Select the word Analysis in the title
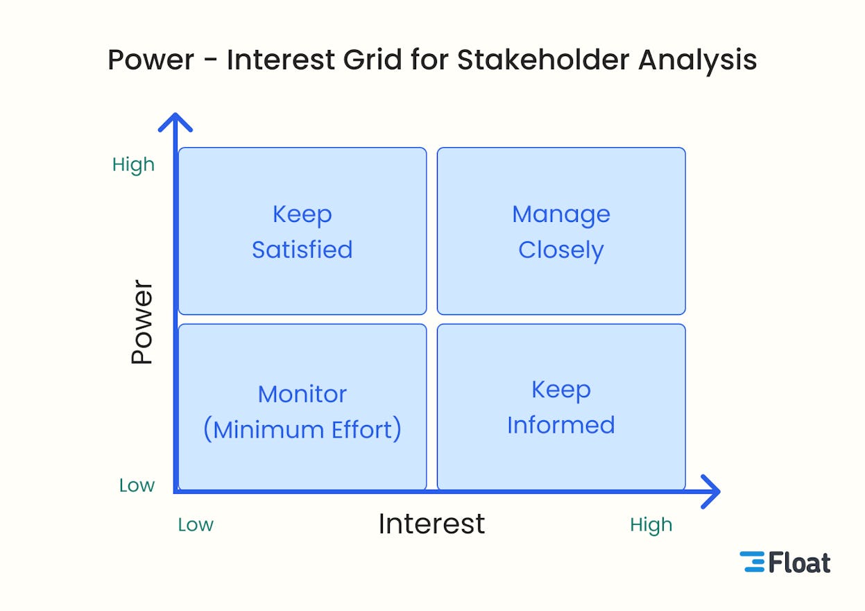pyautogui.click(x=697, y=60)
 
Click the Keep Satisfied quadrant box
pyautogui.click(x=302, y=231)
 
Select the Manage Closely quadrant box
pyautogui.click(x=561, y=231)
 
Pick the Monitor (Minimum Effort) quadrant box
pyautogui.click(x=302, y=407)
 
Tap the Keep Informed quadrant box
pyautogui.click(x=561, y=407)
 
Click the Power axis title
pyautogui.click(x=142, y=322)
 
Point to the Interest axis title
pyautogui.click(x=431, y=524)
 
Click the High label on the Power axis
pyautogui.click(x=133, y=165)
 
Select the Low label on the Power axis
pyautogui.click(x=137, y=485)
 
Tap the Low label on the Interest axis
pyautogui.click(x=196, y=525)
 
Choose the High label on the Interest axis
pyautogui.click(x=651, y=525)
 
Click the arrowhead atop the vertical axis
pyautogui.click(x=175, y=122)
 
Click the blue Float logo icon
pyautogui.click(x=752, y=562)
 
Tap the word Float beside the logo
pyautogui.click(x=799, y=562)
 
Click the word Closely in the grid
pyautogui.click(x=561, y=250)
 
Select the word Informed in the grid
pyautogui.click(x=561, y=425)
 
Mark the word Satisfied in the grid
pyautogui.click(x=302, y=250)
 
